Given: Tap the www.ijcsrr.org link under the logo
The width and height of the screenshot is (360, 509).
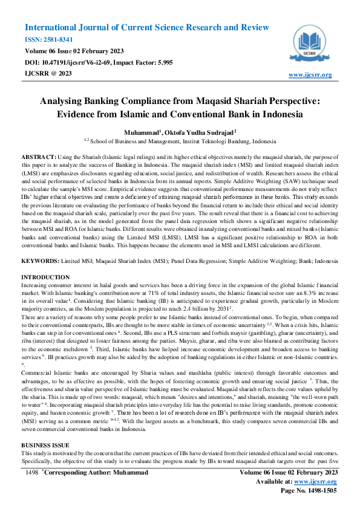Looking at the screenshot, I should (x=310, y=74).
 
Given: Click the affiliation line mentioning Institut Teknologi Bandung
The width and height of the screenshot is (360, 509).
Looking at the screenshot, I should (x=180, y=140).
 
